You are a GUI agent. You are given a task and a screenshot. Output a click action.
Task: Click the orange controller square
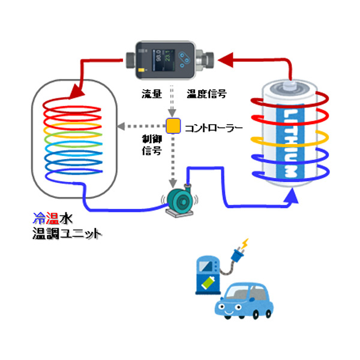click(x=173, y=126)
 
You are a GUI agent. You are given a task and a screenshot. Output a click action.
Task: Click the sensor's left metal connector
click(x=131, y=59)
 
